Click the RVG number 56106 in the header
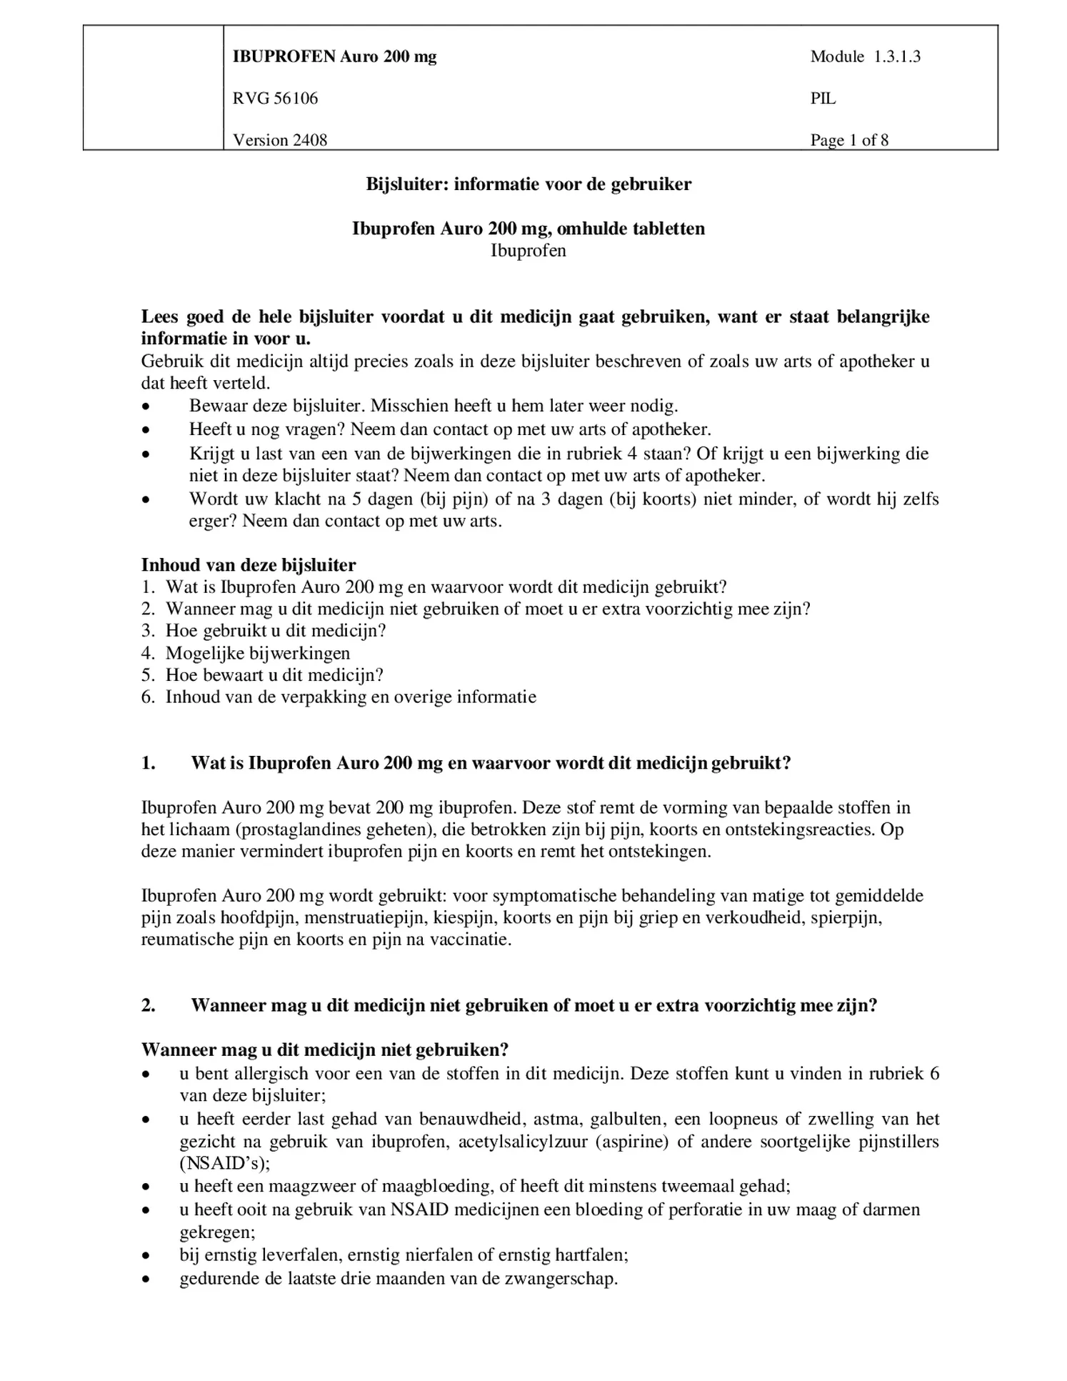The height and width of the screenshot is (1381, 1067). [295, 99]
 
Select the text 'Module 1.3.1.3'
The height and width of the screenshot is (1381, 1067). [865, 57]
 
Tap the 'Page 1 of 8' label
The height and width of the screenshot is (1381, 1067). [848, 140]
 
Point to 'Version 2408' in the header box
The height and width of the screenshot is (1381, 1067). [280, 140]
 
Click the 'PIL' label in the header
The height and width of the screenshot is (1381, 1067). [823, 99]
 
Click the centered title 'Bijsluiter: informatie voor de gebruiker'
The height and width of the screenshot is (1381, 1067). [529, 184]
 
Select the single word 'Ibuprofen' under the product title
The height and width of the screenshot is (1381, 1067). [529, 251]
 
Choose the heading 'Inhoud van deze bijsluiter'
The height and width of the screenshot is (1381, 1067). [249, 565]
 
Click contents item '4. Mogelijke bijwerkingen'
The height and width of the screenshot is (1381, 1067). [246, 653]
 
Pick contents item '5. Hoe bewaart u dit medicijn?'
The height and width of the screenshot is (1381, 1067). [262, 675]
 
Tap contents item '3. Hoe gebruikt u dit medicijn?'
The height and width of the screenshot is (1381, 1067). [264, 631]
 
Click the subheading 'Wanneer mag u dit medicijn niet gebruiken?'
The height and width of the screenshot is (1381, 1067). [325, 1050]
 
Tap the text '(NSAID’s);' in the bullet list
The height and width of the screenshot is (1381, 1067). [224, 1163]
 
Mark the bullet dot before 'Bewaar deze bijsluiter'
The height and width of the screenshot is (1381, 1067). [146, 407]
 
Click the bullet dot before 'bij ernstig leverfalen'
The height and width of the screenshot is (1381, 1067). [146, 1255]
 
